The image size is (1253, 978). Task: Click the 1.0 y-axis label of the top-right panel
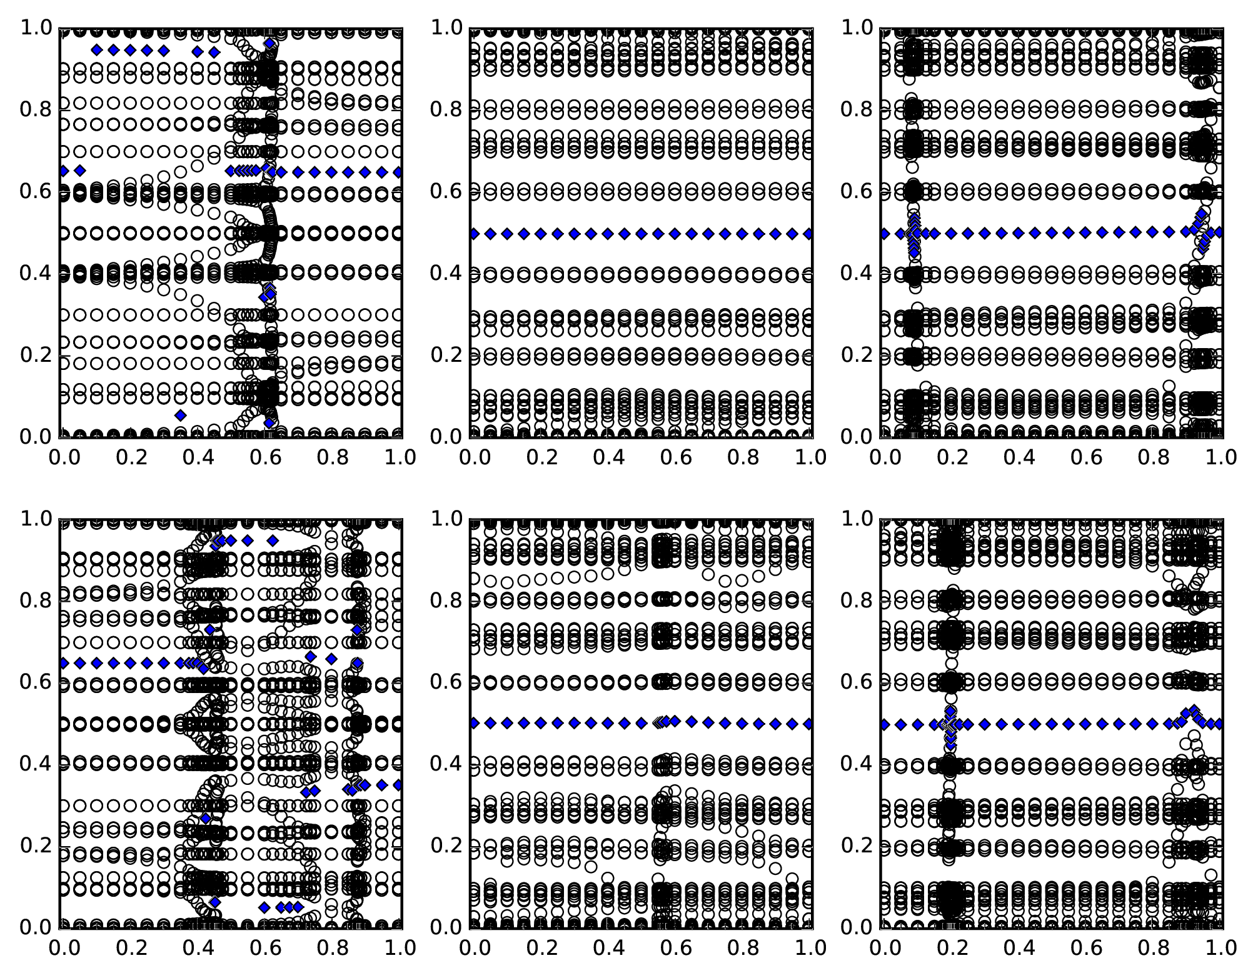coord(857,28)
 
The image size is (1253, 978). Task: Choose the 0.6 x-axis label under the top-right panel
coord(1086,457)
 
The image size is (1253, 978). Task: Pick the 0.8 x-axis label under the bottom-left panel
coord(333,948)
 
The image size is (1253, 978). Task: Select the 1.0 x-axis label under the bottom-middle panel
coord(810,948)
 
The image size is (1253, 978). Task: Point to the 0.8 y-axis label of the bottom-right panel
coord(857,601)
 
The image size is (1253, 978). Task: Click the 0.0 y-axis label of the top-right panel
coord(857,436)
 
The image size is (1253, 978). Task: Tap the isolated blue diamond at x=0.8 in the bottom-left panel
coord(331,659)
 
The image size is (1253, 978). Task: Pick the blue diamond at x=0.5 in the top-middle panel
coord(641,234)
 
